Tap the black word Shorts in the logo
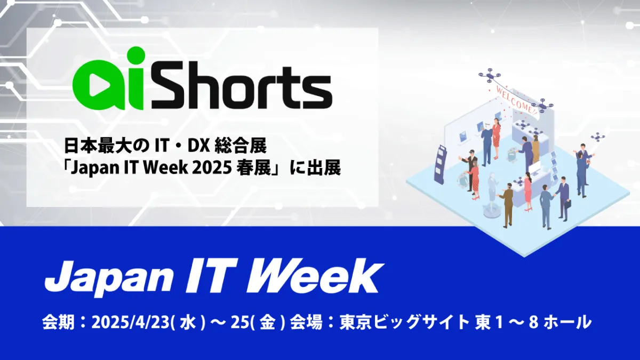coord(242,87)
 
